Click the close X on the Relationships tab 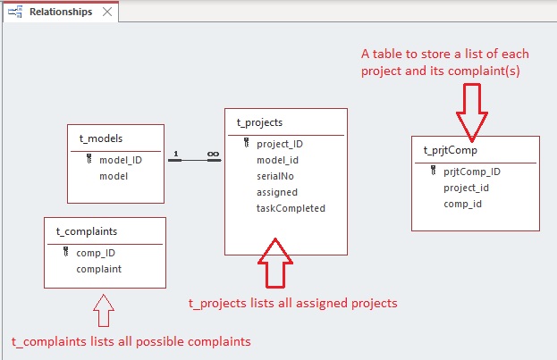107,12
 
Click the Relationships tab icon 15,12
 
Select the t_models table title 101,138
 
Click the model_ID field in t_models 121,160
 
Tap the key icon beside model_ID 89,159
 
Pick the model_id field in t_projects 277,160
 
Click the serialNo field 275,176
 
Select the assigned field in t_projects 277,192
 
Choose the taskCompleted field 291,208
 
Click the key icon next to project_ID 247,143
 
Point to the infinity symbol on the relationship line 213,154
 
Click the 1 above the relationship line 176,154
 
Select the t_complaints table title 87,231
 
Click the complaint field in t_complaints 98,269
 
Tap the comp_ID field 96,253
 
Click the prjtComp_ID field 472,172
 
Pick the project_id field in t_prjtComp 466,188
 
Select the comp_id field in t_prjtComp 462,205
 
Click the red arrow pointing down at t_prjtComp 472,113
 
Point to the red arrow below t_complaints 104,310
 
